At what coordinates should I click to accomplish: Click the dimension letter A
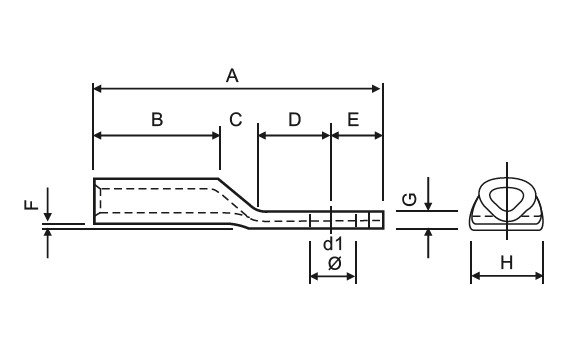tap(233, 75)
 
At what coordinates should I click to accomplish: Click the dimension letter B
tap(157, 119)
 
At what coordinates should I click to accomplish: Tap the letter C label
tap(236, 120)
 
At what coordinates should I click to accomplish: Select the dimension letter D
tap(294, 120)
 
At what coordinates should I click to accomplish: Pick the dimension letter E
tap(353, 120)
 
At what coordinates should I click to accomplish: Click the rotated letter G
tap(408, 200)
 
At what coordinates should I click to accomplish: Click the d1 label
tap(333, 244)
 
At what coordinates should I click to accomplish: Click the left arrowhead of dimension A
tap(98, 88)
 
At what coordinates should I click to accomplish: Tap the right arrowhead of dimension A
tap(377, 88)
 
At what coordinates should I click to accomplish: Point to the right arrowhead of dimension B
tap(214, 134)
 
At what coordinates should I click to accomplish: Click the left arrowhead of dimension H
tap(475, 275)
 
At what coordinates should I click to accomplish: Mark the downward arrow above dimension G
tap(428, 204)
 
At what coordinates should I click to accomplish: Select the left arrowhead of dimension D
tap(263, 134)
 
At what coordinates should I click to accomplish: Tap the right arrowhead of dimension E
tap(377, 134)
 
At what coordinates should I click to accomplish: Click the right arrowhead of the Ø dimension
tap(354, 275)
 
